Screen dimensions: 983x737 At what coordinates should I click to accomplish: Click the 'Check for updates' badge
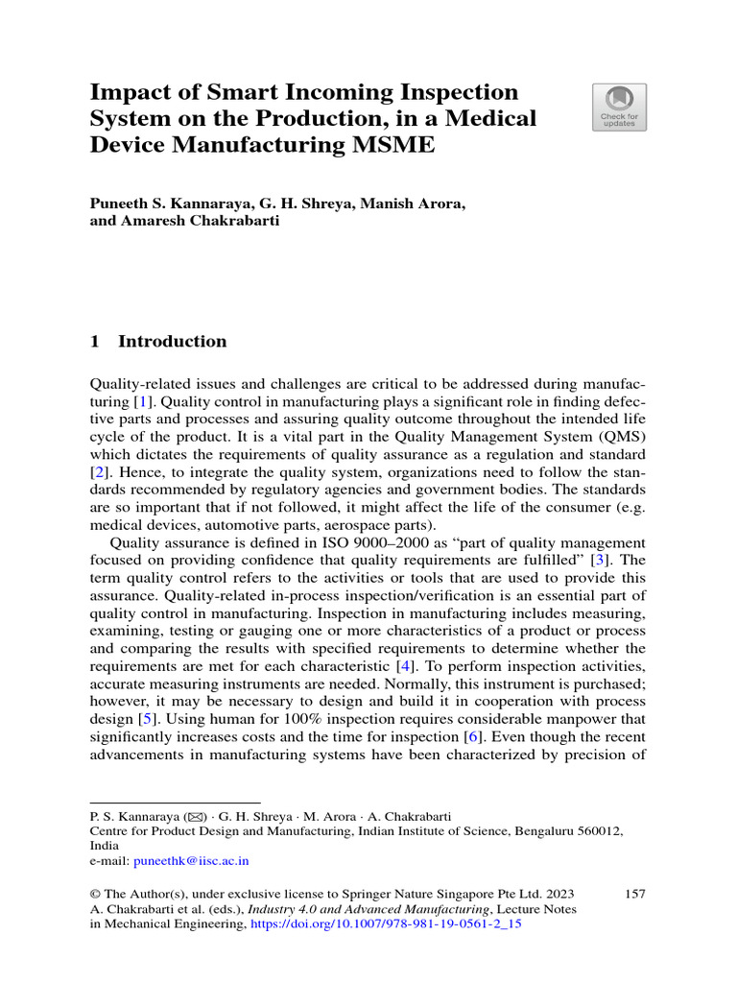tap(618, 107)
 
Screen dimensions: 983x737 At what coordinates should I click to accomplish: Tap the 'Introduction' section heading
tap(172, 342)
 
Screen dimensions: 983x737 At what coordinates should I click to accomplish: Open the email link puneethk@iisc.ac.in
tap(191, 862)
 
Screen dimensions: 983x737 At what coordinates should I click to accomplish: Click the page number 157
tap(634, 894)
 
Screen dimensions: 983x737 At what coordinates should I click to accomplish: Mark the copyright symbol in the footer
tap(95, 895)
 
